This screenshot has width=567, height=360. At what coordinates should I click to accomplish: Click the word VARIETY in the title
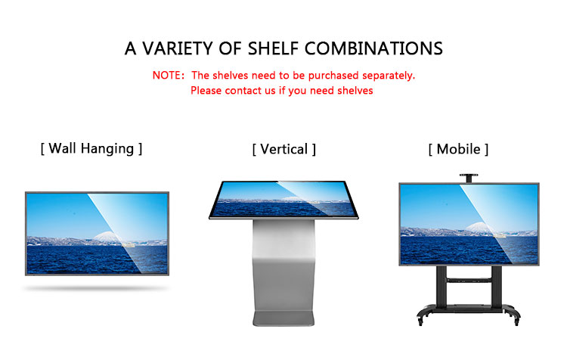[x=177, y=48]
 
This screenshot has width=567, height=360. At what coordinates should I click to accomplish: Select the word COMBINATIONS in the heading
[x=374, y=48]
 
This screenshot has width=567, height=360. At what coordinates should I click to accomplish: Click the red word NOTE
[x=166, y=76]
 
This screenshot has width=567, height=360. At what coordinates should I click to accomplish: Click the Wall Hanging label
[x=91, y=149]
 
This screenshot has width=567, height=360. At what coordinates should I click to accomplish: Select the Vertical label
[x=283, y=149]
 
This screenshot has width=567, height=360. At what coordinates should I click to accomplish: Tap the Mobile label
[x=458, y=149]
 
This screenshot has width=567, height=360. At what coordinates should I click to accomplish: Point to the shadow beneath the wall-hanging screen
[x=96, y=288]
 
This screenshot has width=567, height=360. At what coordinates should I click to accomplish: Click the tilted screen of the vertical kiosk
[x=283, y=200]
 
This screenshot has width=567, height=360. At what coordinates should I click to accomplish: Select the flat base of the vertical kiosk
[x=283, y=318]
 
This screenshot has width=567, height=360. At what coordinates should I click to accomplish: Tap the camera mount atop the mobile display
[x=469, y=178]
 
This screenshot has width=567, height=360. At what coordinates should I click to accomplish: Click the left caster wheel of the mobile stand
[x=420, y=320]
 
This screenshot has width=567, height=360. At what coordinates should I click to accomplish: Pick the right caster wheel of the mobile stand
[x=516, y=320]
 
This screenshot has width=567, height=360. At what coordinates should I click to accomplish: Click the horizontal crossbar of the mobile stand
[x=469, y=280]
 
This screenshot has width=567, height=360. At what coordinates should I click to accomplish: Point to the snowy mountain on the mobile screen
[x=480, y=228]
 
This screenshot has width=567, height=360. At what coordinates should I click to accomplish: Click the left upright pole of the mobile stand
[x=442, y=286]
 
